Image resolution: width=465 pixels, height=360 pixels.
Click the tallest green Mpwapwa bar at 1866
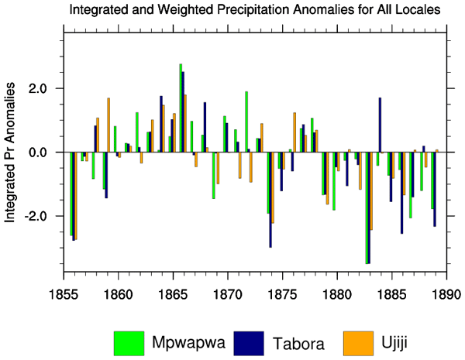pos(181,108)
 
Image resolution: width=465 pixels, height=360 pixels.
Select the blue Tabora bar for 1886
pos(401,193)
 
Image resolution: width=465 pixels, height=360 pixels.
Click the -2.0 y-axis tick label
pos(40,216)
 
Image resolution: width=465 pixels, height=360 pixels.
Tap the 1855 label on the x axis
pos(64,293)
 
